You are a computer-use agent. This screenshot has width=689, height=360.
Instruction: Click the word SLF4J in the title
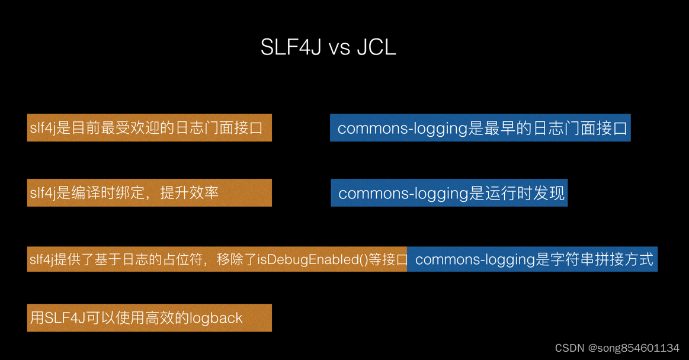tap(290, 47)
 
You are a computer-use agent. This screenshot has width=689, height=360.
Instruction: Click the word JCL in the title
tap(376, 47)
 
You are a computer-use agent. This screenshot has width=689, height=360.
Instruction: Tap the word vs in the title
tap(339, 49)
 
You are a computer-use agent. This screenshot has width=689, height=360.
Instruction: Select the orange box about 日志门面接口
tap(149, 128)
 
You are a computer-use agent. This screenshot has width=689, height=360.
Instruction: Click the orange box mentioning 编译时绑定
tap(149, 193)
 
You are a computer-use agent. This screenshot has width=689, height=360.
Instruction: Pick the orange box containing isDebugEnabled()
tap(217, 259)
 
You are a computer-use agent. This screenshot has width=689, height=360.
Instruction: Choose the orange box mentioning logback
tap(149, 318)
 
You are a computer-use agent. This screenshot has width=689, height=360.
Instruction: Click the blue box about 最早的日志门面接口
tap(480, 128)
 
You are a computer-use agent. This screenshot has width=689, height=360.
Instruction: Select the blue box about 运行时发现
tap(449, 193)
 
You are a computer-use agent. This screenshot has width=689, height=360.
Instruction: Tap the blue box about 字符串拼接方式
tap(532, 259)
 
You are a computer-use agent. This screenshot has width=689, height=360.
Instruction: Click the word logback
tap(216, 319)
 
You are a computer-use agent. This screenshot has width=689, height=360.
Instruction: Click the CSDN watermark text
tap(569, 348)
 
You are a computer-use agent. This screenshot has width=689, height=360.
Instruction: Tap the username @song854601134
tap(633, 348)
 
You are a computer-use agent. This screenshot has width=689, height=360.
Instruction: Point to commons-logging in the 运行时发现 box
tap(403, 194)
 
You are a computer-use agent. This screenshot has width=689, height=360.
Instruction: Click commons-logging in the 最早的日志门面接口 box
tap(402, 128)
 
